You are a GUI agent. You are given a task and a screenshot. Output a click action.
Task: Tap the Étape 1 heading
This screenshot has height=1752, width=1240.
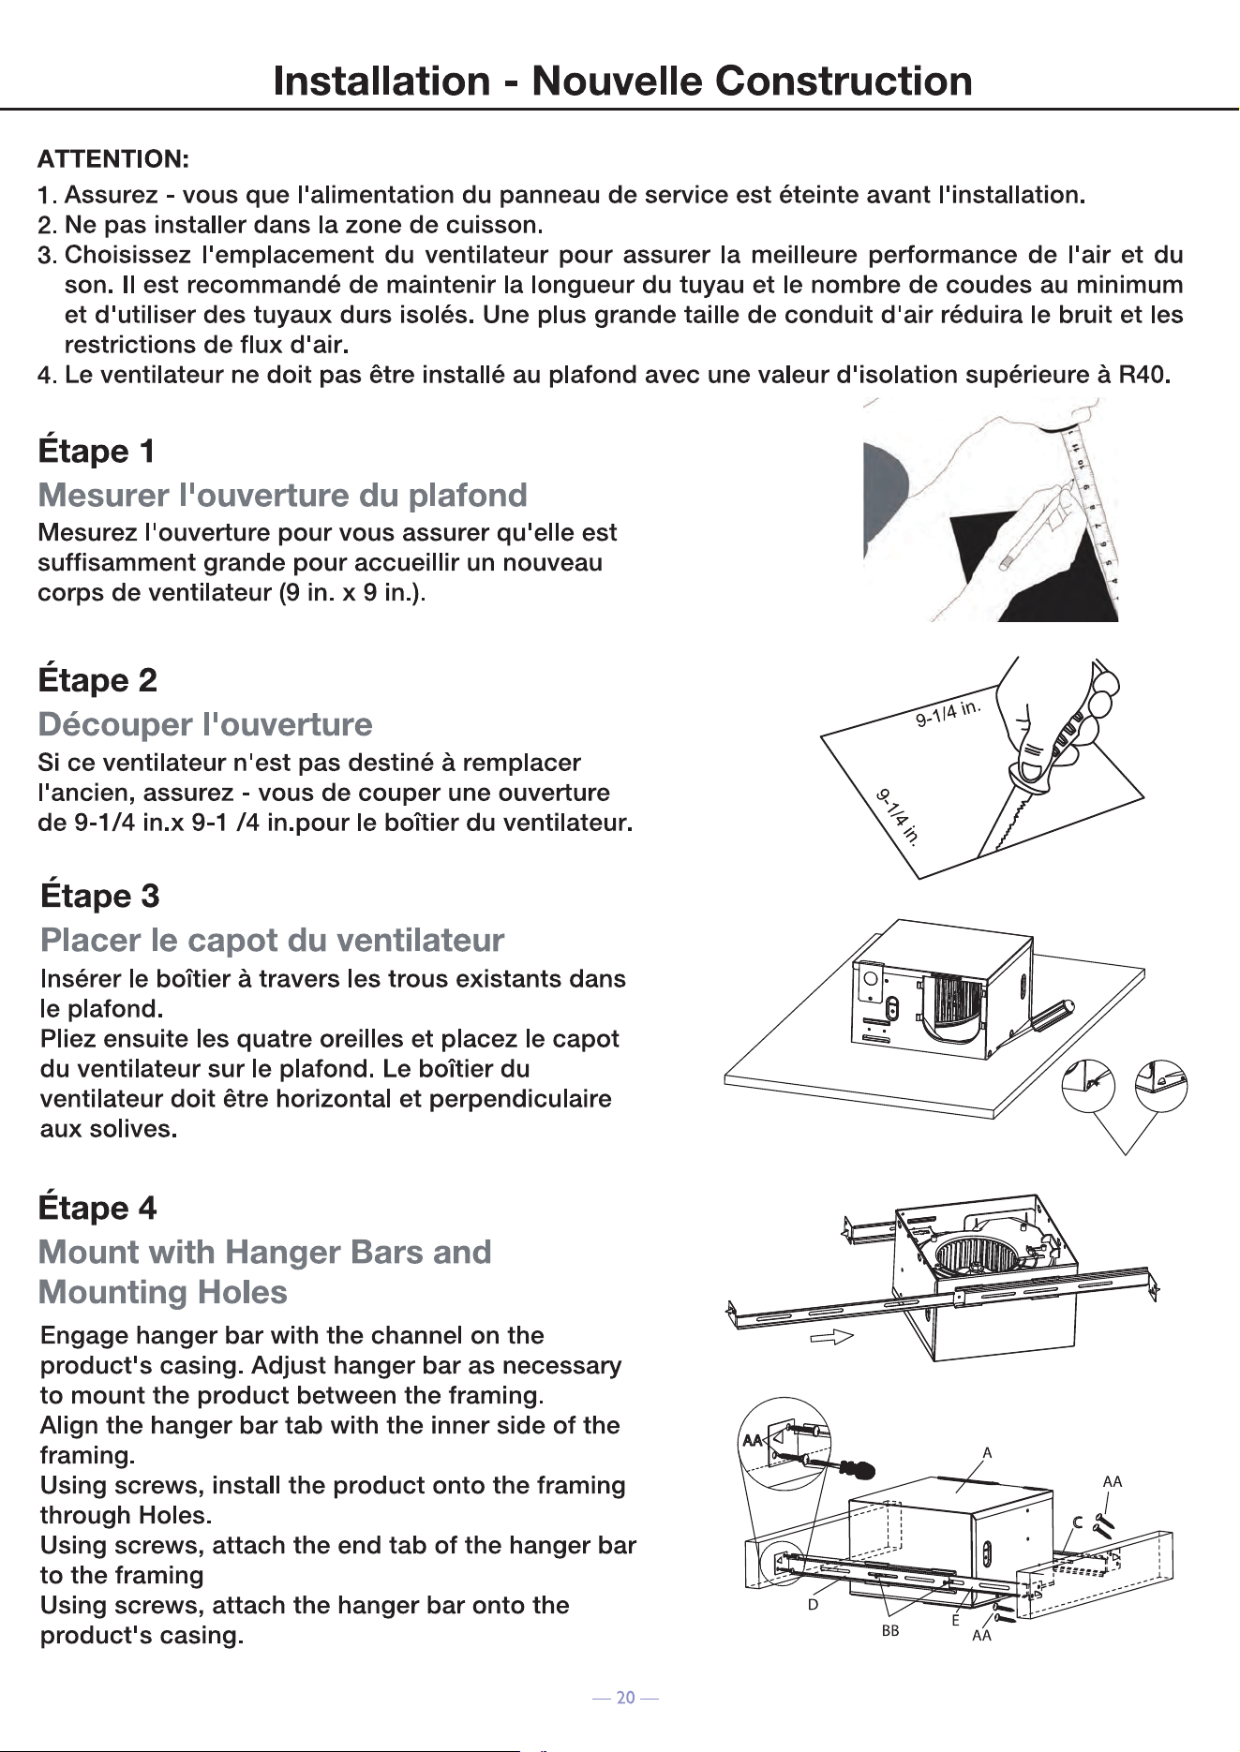(x=97, y=451)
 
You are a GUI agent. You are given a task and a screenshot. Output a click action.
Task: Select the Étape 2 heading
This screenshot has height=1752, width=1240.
(x=97, y=679)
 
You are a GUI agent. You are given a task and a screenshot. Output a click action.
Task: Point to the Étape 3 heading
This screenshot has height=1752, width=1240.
(x=100, y=896)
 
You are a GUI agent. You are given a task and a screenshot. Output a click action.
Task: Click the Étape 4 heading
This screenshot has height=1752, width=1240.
(x=97, y=1207)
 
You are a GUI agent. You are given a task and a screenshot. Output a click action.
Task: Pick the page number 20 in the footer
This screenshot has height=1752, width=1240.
(x=625, y=1697)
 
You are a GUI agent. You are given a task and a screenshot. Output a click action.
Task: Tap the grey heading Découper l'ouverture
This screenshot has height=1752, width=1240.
(x=205, y=724)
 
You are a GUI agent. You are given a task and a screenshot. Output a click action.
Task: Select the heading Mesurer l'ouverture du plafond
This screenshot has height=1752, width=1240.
(x=282, y=495)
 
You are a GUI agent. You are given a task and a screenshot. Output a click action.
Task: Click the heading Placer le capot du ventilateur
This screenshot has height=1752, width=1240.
(x=273, y=940)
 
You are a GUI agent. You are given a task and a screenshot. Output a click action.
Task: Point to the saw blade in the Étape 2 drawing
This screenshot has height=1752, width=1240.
(x=1009, y=819)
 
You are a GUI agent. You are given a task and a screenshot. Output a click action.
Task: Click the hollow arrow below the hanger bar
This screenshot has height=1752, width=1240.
(x=830, y=1337)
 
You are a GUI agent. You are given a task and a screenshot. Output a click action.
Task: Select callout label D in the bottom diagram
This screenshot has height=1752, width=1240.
(x=813, y=1604)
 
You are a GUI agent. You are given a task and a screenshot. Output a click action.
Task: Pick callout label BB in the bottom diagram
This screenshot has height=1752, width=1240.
(x=889, y=1630)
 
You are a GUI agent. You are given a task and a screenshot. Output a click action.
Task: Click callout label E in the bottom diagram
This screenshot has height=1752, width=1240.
(x=955, y=1621)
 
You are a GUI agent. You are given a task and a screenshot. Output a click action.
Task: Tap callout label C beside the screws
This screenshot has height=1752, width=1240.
(x=1078, y=1522)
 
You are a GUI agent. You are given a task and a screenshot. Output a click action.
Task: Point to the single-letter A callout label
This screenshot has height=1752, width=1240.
(x=987, y=1453)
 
